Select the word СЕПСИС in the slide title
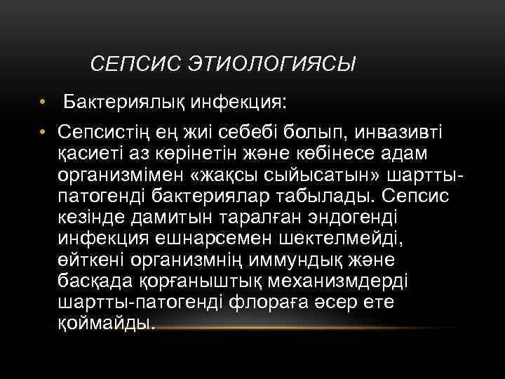tap(136, 65)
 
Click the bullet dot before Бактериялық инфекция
tap(43, 104)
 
